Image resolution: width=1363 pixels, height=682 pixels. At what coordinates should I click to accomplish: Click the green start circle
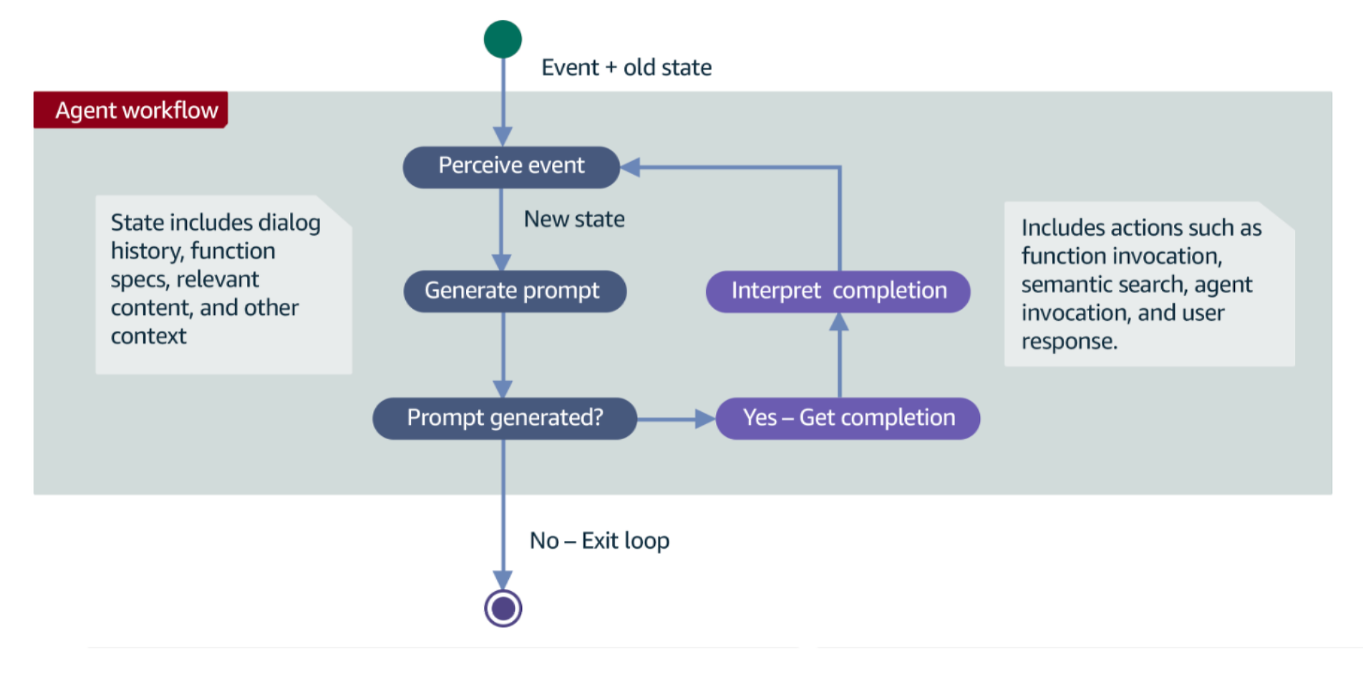click(x=503, y=39)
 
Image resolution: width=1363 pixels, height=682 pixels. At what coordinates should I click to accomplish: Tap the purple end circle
click(x=503, y=608)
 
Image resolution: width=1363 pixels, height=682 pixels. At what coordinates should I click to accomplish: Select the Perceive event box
click(x=511, y=167)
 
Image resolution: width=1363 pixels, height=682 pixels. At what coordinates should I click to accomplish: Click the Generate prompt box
click(x=514, y=291)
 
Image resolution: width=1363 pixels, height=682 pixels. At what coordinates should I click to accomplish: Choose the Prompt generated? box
click(x=505, y=418)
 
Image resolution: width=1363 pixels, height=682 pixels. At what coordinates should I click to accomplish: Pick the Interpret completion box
click(x=838, y=292)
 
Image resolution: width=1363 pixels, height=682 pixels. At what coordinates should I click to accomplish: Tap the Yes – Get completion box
click(x=848, y=418)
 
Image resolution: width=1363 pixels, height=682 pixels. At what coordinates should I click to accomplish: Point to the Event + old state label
click(x=626, y=67)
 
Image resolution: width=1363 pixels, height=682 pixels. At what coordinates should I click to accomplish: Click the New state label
click(x=574, y=219)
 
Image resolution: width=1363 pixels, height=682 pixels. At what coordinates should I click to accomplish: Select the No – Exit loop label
click(x=599, y=540)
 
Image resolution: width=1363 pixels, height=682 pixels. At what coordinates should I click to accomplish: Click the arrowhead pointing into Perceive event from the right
click(x=631, y=168)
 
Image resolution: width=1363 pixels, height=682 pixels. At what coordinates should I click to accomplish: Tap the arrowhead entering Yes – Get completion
click(x=704, y=419)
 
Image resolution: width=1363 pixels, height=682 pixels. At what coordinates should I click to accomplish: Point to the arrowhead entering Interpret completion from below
click(x=839, y=322)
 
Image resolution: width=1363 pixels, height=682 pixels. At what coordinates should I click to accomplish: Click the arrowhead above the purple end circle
click(x=503, y=580)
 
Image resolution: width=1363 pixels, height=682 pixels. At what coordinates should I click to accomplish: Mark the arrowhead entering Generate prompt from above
click(x=502, y=262)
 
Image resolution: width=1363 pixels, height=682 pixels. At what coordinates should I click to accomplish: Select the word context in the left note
click(x=148, y=336)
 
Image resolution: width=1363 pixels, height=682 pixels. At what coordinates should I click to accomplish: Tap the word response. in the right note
click(x=1069, y=342)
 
